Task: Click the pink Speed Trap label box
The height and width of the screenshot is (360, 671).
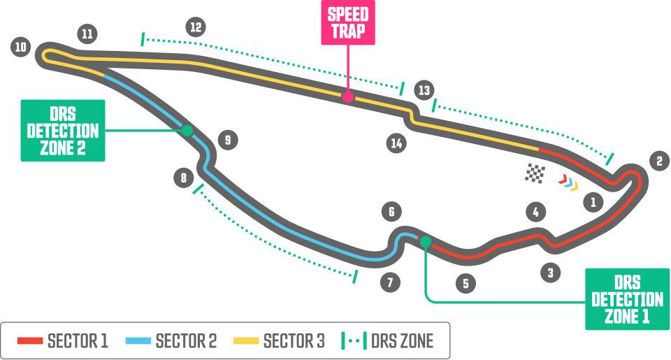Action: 348,22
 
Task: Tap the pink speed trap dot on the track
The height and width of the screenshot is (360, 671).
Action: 348,96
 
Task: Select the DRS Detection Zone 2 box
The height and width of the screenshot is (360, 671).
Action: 63,131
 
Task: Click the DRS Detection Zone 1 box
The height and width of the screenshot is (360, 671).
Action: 627,299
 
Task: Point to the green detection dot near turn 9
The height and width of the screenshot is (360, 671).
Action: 187,130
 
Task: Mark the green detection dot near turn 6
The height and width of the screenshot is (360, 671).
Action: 426,242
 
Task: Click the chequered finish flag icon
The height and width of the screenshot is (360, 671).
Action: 535,173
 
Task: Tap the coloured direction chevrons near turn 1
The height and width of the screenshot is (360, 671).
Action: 568,182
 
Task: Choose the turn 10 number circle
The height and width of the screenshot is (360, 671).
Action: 21,47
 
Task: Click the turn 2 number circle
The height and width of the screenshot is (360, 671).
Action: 659,161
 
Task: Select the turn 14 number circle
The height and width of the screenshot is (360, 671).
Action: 396,143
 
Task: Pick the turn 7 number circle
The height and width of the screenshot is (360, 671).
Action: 390,282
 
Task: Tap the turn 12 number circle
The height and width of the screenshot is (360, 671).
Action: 196,27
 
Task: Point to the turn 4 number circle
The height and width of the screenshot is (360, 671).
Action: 536,212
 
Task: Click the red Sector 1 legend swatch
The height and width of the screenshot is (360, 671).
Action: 30,340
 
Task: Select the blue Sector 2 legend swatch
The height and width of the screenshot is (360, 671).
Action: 138,340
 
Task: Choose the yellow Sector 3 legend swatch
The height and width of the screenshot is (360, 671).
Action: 246,340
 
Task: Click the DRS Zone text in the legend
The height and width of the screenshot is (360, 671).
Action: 403,341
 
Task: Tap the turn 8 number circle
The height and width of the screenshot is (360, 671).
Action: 184,178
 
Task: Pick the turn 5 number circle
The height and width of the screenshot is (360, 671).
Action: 466,283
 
